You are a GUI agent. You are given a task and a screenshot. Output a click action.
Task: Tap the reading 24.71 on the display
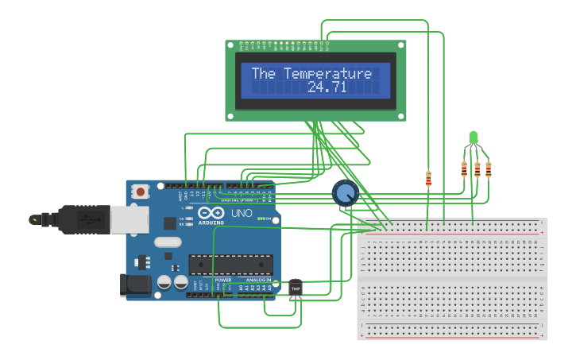click(x=327, y=87)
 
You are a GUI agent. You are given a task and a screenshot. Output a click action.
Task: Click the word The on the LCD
click(x=264, y=74)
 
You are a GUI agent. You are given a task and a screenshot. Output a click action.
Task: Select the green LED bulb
click(x=474, y=137)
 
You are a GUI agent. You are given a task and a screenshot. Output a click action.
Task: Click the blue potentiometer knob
click(x=345, y=192)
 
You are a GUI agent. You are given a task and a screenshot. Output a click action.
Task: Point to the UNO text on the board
click(x=240, y=214)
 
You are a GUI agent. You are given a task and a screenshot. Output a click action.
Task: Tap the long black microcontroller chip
click(x=230, y=266)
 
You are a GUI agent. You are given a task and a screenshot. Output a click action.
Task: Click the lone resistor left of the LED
click(x=428, y=179)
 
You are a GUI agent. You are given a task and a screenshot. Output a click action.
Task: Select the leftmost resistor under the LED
click(x=464, y=168)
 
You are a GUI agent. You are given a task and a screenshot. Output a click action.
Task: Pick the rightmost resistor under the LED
click(x=488, y=168)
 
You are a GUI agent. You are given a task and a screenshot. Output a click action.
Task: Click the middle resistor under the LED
click(x=477, y=168)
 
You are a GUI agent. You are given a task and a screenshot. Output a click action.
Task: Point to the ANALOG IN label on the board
click(x=258, y=281)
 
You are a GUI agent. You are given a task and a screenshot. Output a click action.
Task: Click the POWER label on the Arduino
click(x=223, y=281)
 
